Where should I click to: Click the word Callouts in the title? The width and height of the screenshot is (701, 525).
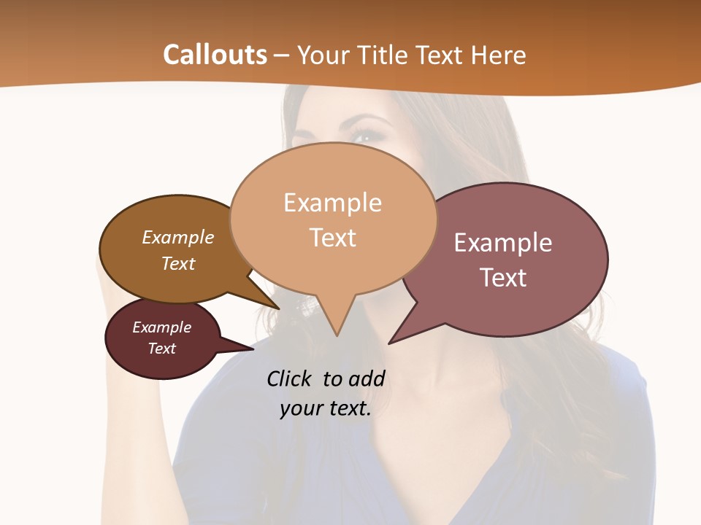pyautogui.click(x=215, y=55)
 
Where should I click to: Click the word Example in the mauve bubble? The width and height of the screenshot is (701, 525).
pyautogui.click(x=503, y=243)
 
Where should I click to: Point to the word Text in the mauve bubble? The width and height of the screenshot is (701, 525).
pyautogui.click(x=503, y=278)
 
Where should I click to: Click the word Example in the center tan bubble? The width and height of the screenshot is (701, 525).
pyautogui.click(x=332, y=203)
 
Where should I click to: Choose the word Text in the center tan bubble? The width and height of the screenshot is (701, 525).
pyautogui.click(x=333, y=238)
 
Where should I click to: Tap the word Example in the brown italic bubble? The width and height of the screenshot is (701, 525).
pyautogui.click(x=178, y=238)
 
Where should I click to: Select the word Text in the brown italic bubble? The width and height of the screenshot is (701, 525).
pyautogui.click(x=178, y=263)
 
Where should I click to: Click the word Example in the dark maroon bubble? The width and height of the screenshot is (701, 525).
pyautogui.click(x=161, y=327)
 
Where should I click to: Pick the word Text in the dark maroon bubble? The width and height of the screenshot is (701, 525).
pyautogui.click(x=161, y=349)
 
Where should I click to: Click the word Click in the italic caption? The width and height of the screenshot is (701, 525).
pyautogui.click(x=290, y=378)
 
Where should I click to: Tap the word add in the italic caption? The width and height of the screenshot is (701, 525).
pyautogui.click(x=367, y=378)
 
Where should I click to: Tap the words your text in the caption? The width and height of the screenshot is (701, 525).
pyautogui.click(x=325, y=409)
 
